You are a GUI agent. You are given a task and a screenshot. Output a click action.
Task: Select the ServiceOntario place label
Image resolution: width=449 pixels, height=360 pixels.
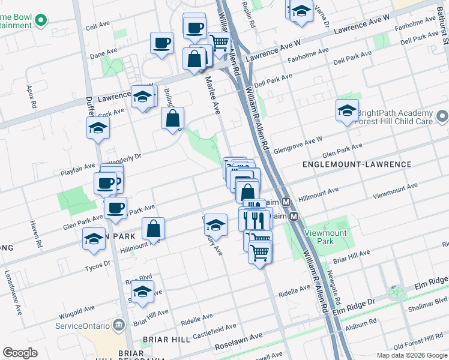click(82, 326)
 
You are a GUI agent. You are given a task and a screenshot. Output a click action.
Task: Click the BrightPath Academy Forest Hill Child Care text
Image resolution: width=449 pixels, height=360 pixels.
click(394, 117)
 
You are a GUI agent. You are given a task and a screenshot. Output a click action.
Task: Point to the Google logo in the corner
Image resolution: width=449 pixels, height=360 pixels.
click(20, 353)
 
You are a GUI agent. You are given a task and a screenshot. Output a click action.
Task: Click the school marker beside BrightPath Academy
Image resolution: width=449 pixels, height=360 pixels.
click(347, 111)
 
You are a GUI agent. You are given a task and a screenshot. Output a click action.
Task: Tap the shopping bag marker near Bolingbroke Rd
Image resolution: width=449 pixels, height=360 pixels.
click(172, 118)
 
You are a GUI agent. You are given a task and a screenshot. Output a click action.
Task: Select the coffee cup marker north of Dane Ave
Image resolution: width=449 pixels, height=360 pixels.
click(162, 43)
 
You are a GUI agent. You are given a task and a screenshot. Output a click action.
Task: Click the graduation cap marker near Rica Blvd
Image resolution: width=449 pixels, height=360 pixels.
click(142, 292)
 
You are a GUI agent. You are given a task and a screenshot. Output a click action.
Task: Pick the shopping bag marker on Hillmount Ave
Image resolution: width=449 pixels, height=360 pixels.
click(154, 229)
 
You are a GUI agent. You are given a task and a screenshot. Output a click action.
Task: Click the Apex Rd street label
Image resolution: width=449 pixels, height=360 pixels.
click(31, 96)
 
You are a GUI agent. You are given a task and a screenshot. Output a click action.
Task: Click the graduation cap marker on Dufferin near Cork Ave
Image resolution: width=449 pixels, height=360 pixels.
click(98, 128)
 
